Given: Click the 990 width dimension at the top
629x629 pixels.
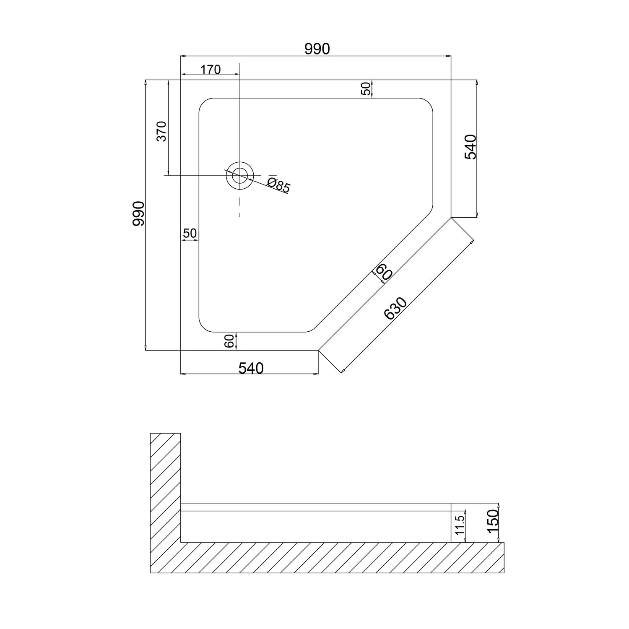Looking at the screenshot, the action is pyautogui.click(x=317, y=49).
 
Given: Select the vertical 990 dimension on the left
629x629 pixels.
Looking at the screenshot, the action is pyautogui.click(x=138, y=213).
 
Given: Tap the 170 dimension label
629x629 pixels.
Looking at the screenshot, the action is pyautogui.click(x=210, y=70).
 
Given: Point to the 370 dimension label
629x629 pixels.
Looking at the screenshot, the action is pyautogui.click(x=162, y=131).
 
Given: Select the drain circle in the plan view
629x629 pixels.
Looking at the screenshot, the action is pyautogui.click(x=240, y=175).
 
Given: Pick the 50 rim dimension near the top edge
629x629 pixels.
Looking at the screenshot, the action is pyautogui.click(x=366, y=89).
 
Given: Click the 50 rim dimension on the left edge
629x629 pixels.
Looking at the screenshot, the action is pyautogui.click(x=190, y=233).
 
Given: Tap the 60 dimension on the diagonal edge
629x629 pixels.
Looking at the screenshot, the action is pyautogui.click(x=384, y=273).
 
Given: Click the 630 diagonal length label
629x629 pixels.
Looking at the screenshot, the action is pyautogui.click(x=395, y=309).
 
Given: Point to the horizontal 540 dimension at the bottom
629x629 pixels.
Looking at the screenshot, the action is pyautogui.click(x=251, y=368).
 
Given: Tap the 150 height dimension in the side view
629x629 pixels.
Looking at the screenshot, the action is pyautogui.click(x=493, y=520).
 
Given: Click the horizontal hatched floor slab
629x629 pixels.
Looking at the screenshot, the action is pyautogui.click(x=327, y=558).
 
